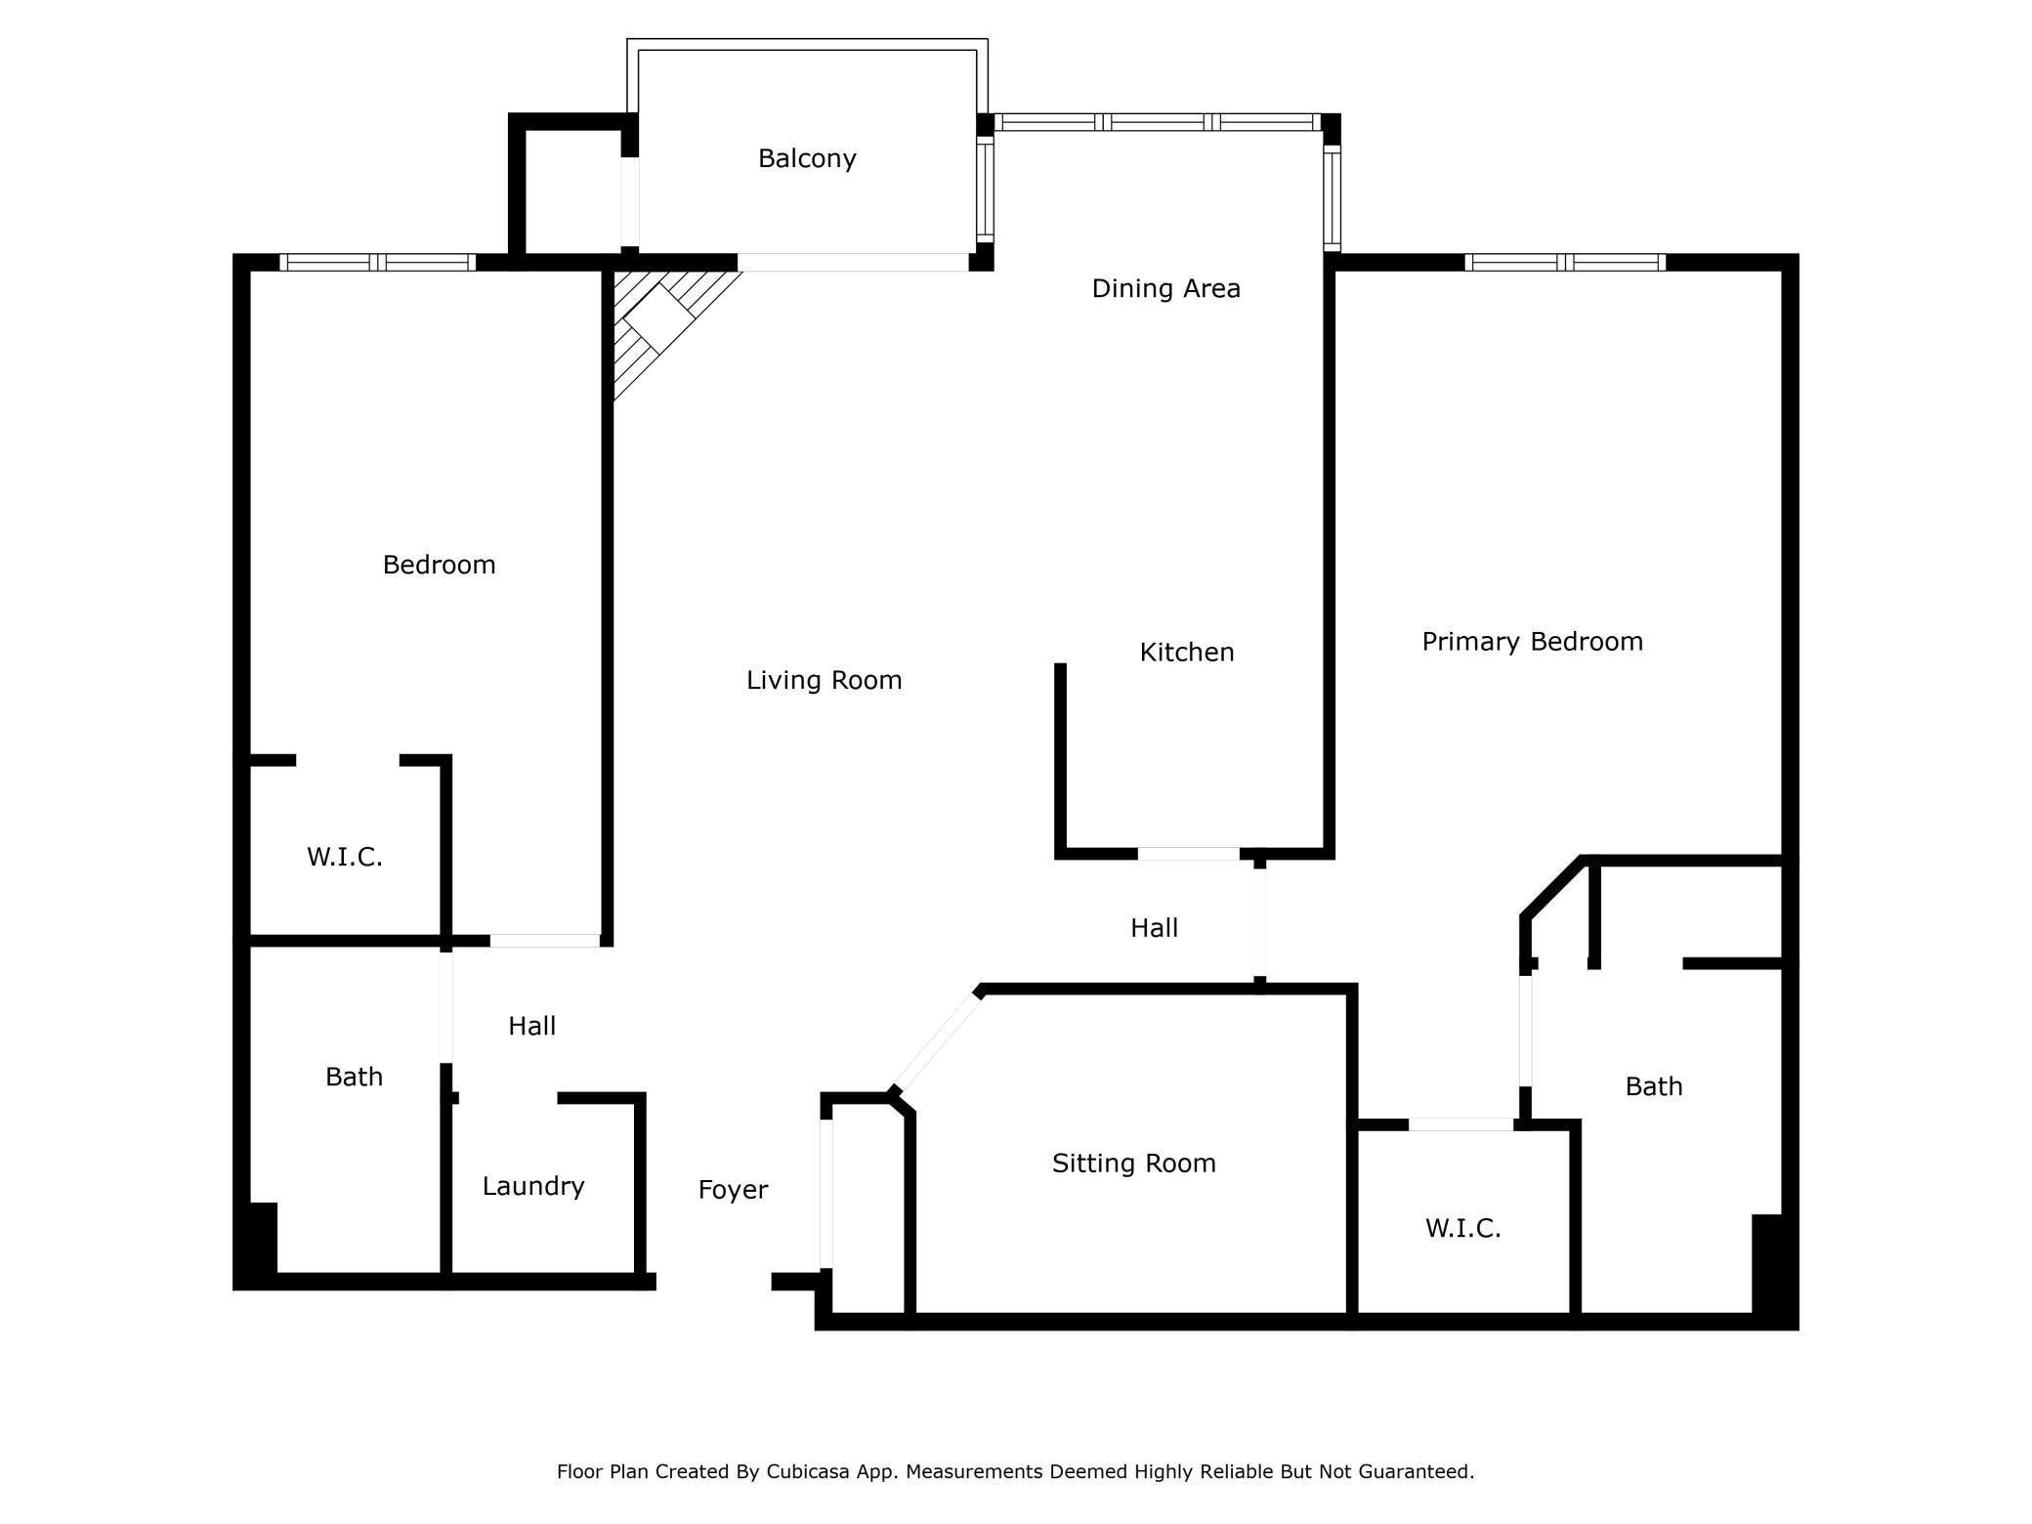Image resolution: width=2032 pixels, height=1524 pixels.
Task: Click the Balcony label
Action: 807,158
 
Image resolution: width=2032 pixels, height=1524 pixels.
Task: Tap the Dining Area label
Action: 1165,288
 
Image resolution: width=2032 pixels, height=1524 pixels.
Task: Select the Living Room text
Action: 824,680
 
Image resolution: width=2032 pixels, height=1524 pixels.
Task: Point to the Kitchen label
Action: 1187,652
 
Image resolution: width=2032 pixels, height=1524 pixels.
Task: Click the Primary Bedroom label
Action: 1532,642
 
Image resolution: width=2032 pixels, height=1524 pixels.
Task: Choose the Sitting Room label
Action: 1133,1163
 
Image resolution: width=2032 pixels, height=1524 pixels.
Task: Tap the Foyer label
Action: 733,1190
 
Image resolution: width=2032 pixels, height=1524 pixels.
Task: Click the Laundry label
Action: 533,1186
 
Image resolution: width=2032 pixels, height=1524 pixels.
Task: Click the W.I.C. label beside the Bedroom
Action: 344,857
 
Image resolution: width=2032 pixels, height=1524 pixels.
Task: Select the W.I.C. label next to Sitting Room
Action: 1462,1228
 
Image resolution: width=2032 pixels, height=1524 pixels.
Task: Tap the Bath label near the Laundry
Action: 354,1077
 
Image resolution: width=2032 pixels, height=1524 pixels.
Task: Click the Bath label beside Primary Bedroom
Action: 1654,1086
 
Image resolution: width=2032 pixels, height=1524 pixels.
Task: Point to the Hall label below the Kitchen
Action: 1154,928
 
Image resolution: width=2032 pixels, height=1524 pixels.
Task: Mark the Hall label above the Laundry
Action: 531,1026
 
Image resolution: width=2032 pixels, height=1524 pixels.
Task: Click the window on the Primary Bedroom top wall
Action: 1566,262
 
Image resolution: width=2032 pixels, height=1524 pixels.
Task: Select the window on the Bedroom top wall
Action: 377,262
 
